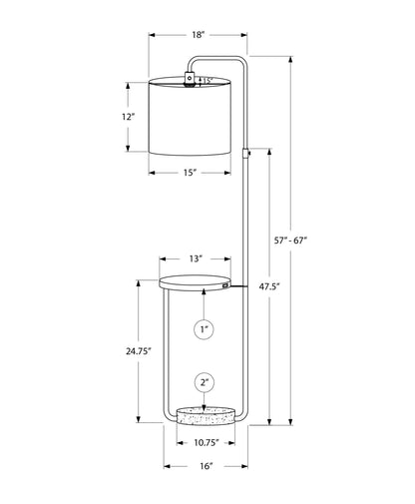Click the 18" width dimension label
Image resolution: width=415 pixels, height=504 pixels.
click(199, 34)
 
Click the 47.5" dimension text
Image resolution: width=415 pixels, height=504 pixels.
click(267, 286)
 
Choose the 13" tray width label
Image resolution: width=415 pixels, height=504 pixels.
click(196, 259)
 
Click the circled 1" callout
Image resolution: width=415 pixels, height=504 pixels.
click(204, 328)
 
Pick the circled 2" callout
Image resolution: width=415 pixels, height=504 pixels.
click(204, 381)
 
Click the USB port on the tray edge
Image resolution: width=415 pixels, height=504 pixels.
click(228, 286)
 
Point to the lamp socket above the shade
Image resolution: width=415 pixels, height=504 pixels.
click(189, 78)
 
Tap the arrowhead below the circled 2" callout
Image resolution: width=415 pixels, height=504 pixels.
click(204, 402)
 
